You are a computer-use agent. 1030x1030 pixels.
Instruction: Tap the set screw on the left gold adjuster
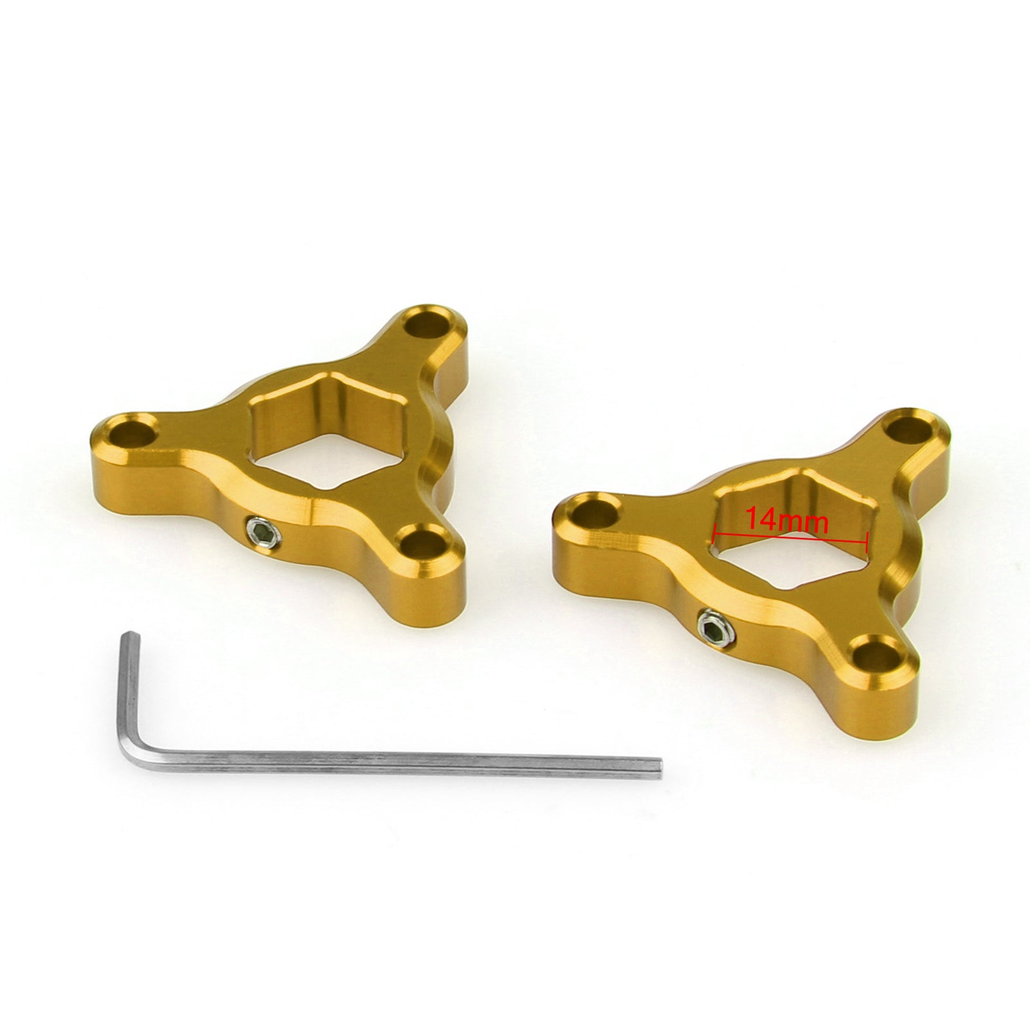261,532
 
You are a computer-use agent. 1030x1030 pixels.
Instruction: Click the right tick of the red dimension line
868,534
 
